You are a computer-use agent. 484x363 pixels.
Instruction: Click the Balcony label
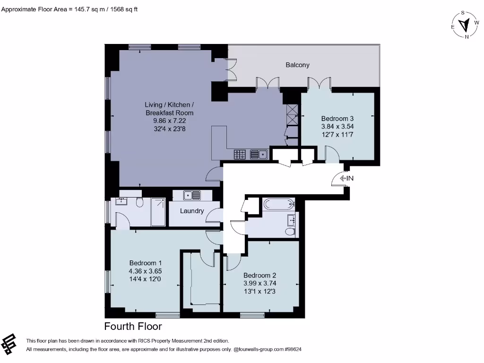point(297,65)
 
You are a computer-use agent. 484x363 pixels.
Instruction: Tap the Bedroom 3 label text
point(337,119)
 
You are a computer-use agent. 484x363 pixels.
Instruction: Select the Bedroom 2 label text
point(259,276)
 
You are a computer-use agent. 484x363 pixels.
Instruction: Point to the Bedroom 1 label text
point(146,263)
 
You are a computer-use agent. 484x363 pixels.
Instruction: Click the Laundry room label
point(192,211)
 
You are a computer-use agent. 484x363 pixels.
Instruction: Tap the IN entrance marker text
point(350,178)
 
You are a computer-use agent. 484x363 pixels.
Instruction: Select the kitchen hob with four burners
point(240,154)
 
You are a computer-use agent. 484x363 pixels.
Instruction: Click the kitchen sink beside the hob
point(258,154)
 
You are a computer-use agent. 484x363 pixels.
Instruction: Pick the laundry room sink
point(192,194)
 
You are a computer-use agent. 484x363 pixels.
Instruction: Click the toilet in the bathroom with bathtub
point(289,231)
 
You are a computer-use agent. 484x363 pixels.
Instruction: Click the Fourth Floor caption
point(133,327)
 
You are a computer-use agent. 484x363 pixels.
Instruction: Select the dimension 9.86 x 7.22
point(169,121)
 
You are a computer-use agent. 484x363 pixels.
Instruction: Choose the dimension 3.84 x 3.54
point(337,127)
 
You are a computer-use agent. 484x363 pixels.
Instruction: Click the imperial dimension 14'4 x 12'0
point(146,279)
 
